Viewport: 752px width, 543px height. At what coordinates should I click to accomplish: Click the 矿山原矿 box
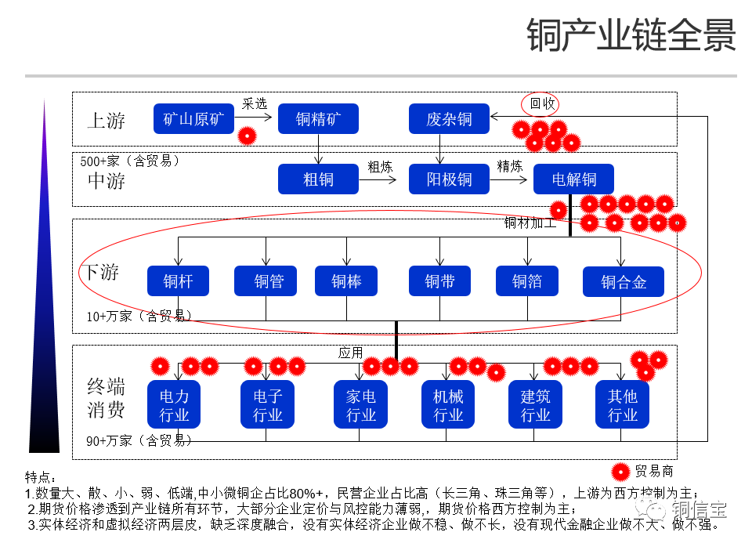point(193,119)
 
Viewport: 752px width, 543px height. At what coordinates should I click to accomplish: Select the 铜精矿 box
point(318,119)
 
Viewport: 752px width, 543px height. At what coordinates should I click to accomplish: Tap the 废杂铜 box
point(449,119)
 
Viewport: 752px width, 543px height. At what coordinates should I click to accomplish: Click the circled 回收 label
point(541,103)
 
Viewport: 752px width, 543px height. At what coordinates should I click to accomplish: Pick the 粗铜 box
point(318,179)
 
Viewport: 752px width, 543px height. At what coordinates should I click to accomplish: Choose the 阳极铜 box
point(449,179)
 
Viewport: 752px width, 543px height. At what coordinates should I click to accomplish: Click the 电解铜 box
point(573,179)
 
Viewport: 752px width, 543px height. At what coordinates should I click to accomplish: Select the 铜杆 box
point(178,281)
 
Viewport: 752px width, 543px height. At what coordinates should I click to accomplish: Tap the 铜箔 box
point(526,281)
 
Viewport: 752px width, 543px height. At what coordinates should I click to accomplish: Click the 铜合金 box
point(623,281)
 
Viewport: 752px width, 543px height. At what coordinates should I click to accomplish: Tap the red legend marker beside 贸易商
point(621,471)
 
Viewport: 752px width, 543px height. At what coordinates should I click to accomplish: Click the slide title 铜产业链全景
point(631,35)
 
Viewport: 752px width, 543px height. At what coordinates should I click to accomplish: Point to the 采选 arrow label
point(255,103)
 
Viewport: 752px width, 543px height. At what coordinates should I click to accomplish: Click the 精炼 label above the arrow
point(509,166)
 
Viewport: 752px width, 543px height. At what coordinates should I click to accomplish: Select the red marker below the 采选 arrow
point(248,136)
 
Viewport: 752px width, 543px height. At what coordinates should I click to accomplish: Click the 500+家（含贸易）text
point(130,161)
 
